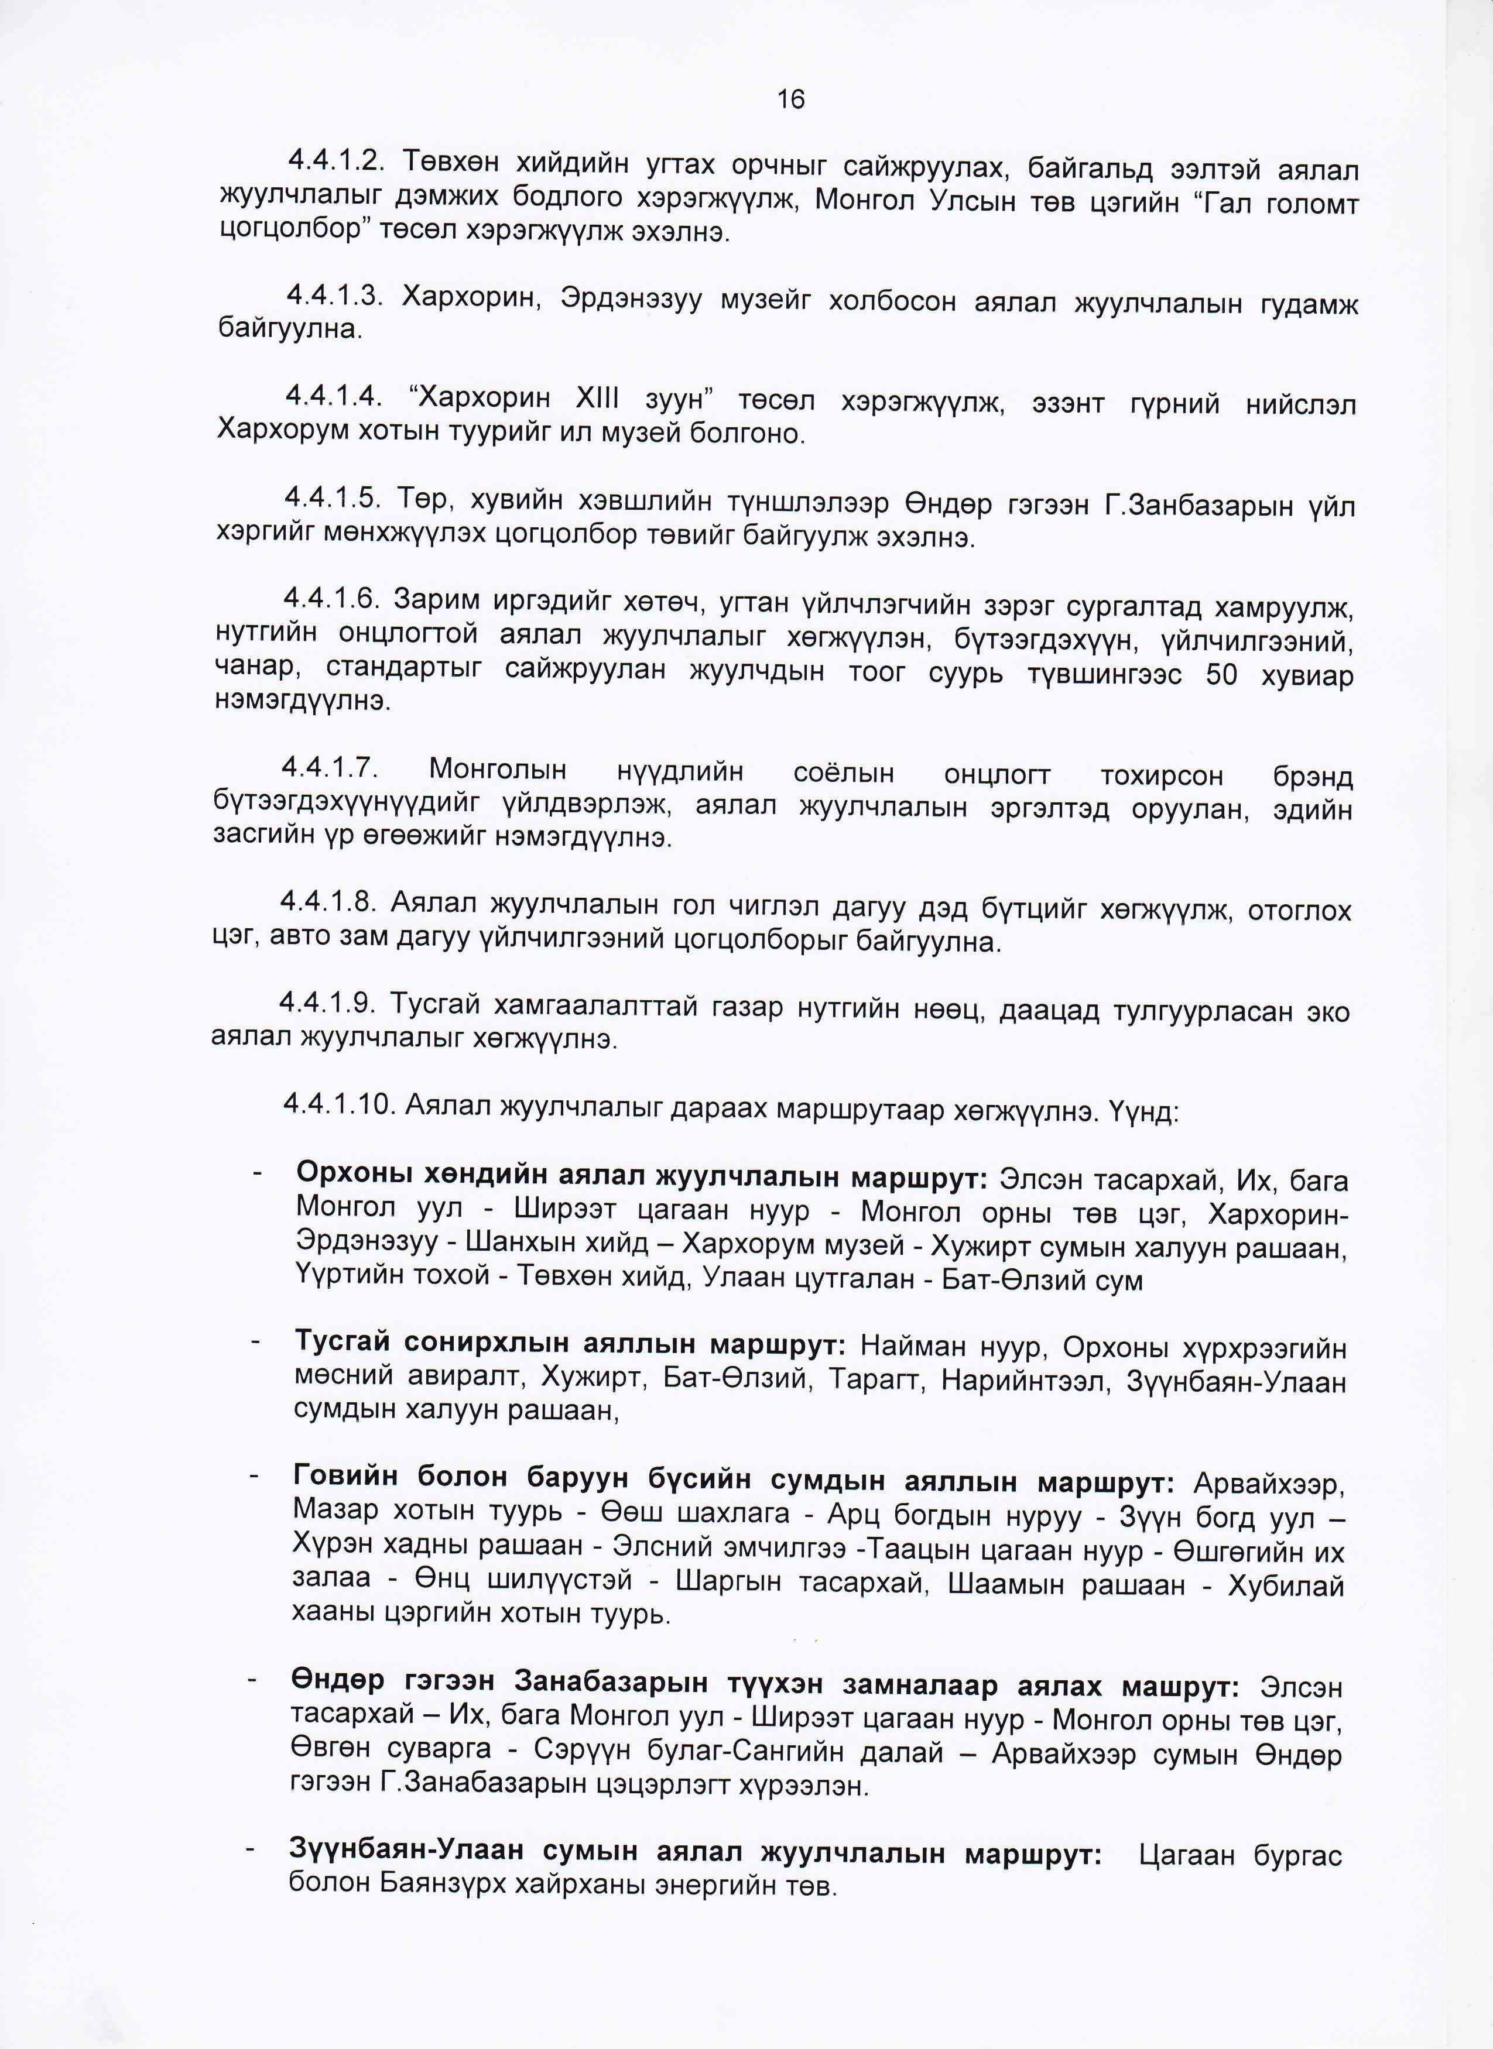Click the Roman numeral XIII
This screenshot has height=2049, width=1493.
pyautogui.click(x=607, y=399)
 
